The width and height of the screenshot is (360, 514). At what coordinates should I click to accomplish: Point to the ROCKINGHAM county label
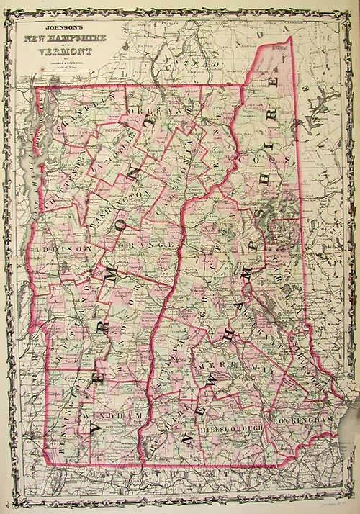[x=300, y=418]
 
